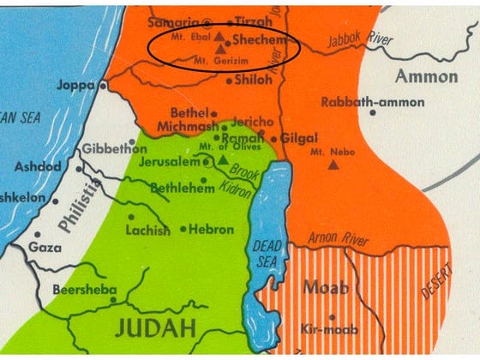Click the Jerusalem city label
[175, 161]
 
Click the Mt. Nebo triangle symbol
[332, 163]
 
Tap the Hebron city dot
[184, 229]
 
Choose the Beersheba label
[83, 290]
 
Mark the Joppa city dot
[103, 85]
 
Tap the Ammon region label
[426, 76]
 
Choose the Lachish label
[142, 231]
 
